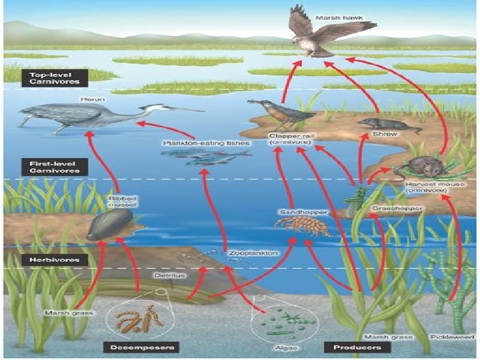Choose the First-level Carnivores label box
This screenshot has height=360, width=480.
55,166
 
